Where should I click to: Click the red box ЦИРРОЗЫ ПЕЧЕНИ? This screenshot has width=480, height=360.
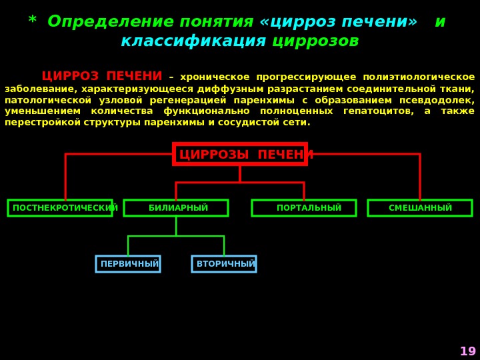[239, 154]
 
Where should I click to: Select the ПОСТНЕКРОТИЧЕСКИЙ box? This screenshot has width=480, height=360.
[60, 208]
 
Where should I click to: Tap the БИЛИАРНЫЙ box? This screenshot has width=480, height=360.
[176, 208]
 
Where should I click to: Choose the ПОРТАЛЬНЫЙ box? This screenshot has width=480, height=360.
[304, 208]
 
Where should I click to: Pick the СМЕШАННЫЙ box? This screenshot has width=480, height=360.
[420, 208]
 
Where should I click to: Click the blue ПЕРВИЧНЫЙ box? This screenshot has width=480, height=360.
[128, 264]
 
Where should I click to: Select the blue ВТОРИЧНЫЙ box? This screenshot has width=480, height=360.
[224, 264]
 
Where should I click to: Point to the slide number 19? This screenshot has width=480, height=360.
[468, 351]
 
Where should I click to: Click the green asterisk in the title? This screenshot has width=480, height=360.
[32, 21]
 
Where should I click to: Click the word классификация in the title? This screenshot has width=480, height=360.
[193, 41]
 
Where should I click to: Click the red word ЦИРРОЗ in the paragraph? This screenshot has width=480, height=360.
[70, 77]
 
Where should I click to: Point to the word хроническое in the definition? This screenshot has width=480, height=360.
[215, 77]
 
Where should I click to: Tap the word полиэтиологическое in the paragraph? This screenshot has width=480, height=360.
[419, 77]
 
